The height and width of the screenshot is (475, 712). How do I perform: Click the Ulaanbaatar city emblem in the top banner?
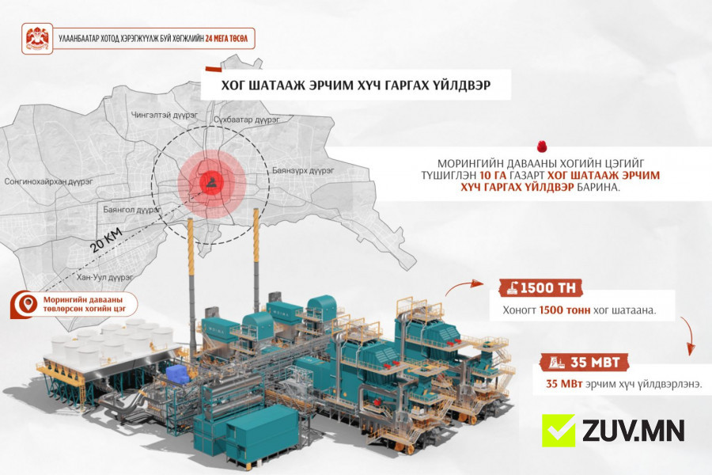coord(37,39)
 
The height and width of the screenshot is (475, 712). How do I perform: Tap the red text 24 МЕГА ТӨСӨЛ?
coord(226,39)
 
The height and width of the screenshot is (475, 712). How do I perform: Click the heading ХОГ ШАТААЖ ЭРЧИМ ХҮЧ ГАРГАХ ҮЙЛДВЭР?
coord(355,85)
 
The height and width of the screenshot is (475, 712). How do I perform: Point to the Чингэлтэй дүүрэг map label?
coord(165,115)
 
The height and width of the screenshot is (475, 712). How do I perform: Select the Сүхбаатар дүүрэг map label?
coord(247,120)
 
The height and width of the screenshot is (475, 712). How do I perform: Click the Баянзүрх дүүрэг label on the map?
coord(303,170)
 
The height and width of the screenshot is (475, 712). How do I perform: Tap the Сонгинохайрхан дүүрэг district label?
coord(48,181)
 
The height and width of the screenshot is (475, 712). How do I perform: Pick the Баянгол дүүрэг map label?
coord(131,210)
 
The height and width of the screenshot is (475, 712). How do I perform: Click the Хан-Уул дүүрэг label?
coord(104,277)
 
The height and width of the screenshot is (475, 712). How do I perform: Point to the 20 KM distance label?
coord(106,241)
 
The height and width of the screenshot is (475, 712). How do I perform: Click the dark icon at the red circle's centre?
coord(211,183)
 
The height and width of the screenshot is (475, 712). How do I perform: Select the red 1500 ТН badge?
coord(540,287)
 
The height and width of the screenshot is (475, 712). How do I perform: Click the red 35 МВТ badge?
coord(585,363)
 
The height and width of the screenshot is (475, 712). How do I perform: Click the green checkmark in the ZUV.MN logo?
coord(558,430)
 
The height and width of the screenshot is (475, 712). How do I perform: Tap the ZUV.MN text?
coord(633,431)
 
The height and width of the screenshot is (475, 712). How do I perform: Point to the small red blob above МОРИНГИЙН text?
coord(541,146)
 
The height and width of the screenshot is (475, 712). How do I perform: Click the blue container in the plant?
coord(179,374)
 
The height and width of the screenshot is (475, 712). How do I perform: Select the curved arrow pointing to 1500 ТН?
coord(464,287)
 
